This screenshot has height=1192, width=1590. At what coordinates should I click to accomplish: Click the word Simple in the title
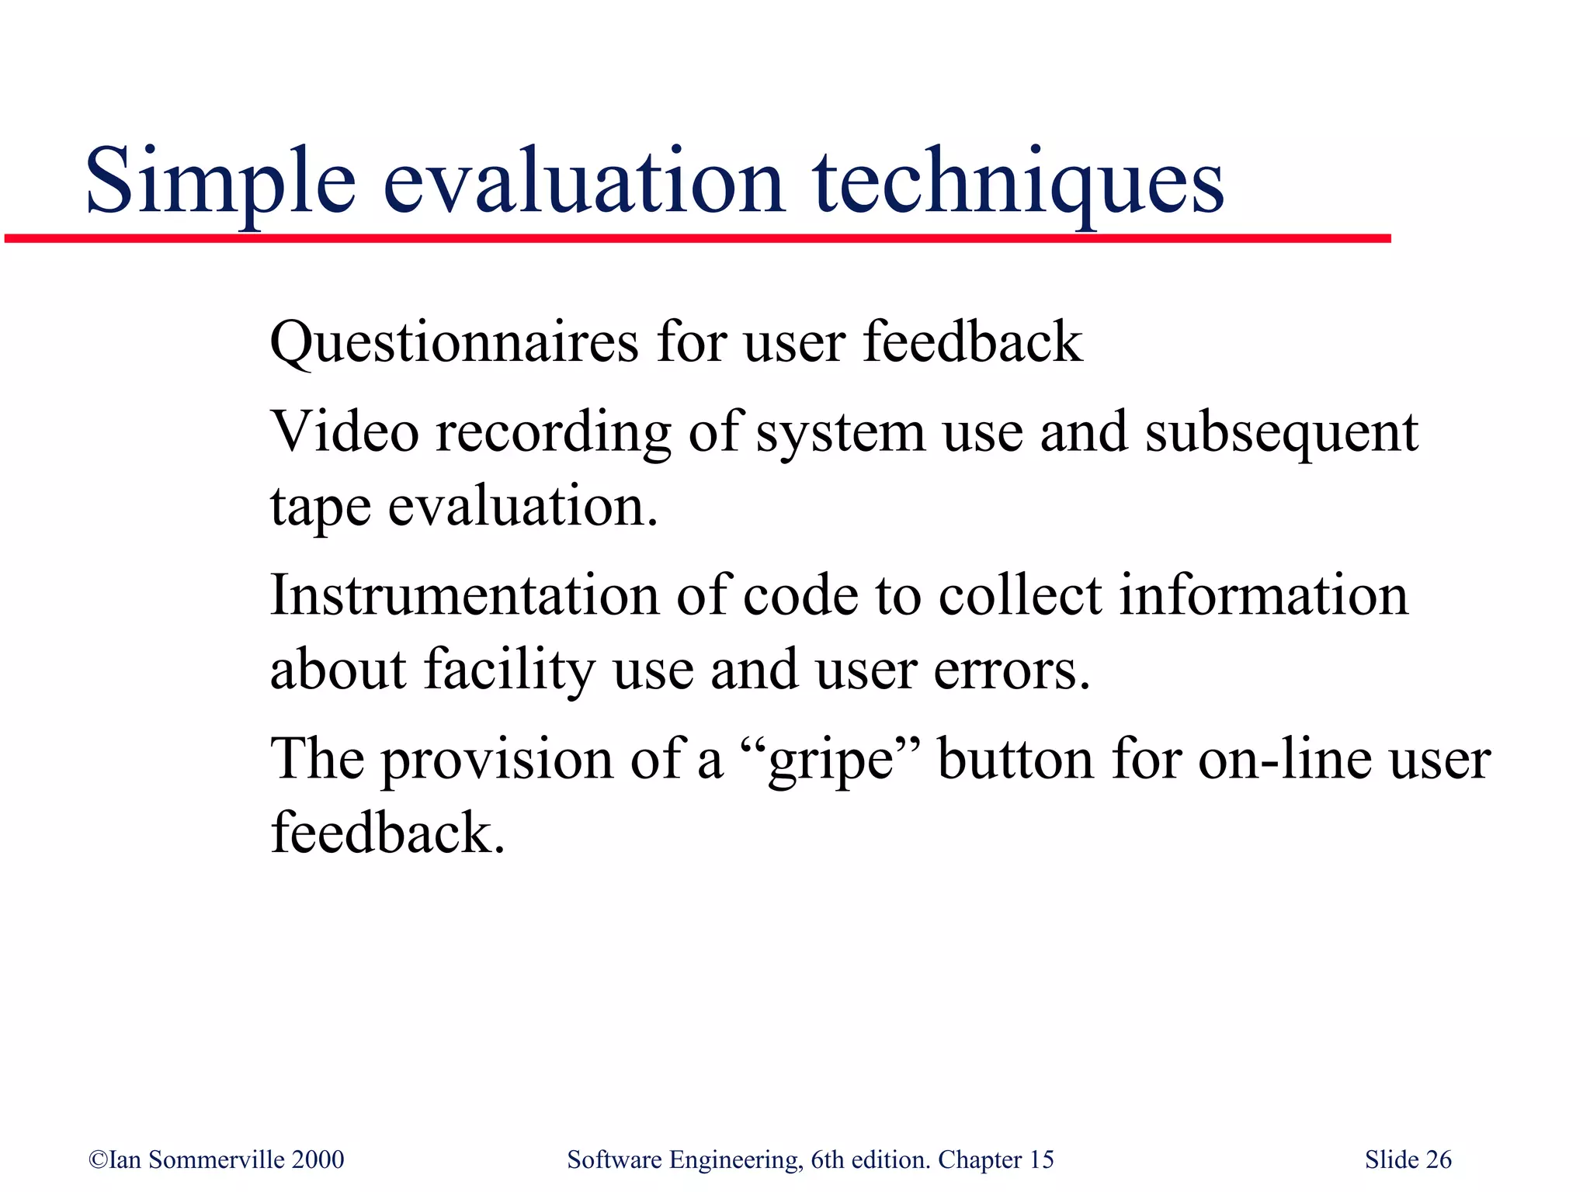click(220, 182)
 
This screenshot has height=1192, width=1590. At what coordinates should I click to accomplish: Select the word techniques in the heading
click(1018, 182)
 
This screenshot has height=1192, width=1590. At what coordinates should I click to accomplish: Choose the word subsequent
click(1282, 433)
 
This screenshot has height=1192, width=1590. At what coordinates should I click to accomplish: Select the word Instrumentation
click(464, 596)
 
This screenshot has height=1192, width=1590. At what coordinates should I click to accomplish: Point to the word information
click(1263, 596)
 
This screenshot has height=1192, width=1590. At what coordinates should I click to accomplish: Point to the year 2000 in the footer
click(318, 1159)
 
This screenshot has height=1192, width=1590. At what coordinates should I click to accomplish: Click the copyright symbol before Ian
click(99, 1159)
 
